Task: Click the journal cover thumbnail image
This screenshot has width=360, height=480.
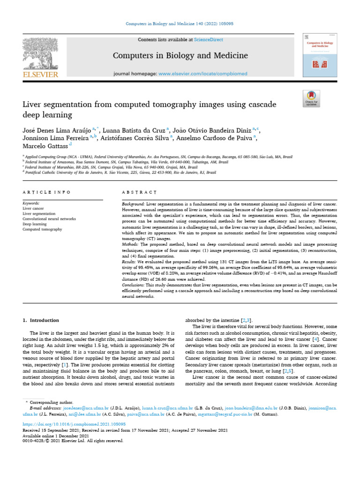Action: pyautogui.click(x=321, y=55)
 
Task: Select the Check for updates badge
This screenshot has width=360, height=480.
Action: pyautogui.click(x=311, y=97)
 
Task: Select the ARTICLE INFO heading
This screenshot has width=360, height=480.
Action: pyautogui.click(x=46, y=192)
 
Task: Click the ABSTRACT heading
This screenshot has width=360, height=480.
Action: pyautogui.click(x=139, y=192)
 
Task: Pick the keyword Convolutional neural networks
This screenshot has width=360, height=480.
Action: pyautogui.click(x=49, y=219)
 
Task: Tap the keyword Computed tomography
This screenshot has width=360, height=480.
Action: pyautogui.click(x=42, y=229)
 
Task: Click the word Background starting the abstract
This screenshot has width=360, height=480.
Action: pyautogui.click(x=134, y=205)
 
